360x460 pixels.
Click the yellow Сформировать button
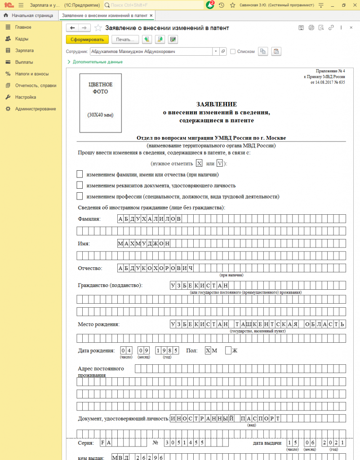87,40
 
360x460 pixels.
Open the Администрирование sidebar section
35,109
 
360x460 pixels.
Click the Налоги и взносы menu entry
31,74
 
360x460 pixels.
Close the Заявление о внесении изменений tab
151,15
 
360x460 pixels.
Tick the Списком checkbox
233,52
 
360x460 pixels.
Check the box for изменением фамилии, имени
80,174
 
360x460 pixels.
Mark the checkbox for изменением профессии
80,196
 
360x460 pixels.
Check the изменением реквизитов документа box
80,185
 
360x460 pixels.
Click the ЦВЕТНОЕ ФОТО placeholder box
101,103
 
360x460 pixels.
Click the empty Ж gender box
228,350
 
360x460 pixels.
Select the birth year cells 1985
167,350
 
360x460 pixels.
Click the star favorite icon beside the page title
98,28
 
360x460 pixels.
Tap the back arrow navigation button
72,28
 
